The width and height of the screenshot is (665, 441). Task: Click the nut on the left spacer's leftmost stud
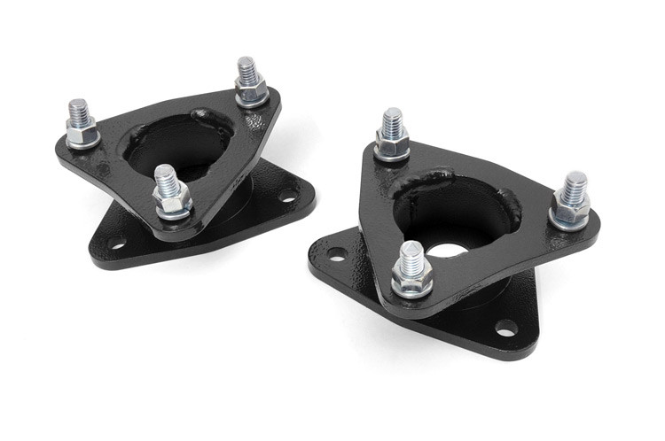82,133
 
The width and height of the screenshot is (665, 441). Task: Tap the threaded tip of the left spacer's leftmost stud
78,108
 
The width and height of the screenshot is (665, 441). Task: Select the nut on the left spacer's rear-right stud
251,89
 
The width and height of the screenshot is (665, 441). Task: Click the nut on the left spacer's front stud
171,203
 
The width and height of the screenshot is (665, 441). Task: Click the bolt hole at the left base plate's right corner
287,195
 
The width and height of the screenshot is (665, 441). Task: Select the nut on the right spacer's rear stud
392,143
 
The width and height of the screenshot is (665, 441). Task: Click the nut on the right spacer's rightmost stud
570,211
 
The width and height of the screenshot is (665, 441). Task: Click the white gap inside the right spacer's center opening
448,250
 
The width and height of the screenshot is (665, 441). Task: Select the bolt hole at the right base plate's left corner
335,253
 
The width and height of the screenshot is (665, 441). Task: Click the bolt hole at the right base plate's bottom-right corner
505,329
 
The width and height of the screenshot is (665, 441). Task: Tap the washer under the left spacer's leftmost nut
83,143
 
